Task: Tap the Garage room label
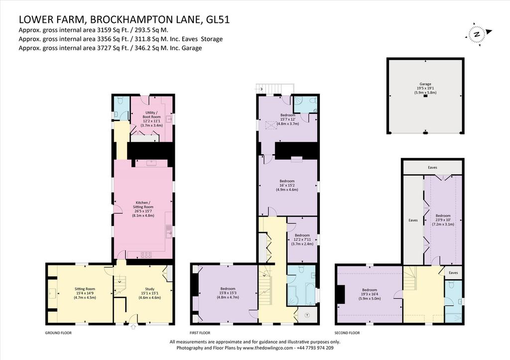pos(425,88)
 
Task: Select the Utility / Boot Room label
pos(150,119)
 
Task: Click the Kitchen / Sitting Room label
pos(143,209)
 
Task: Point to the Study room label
pos(149,293)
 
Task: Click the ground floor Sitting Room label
pos(85,293)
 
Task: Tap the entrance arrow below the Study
pos(132,327)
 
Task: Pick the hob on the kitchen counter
pos(146,254)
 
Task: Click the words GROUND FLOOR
pos(58,333)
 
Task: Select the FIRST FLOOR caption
pos(200,333)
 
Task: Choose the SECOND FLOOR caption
pos(347,333)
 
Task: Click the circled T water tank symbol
pos(307,315)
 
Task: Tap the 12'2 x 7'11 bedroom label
pos(302,240)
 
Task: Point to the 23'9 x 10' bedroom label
pos(443,220)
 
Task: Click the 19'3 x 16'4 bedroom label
pos(370,294)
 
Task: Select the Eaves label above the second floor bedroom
pos(432,167)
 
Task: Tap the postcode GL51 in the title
pos(218,19)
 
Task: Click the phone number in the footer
pos(315,348)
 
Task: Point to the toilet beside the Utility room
pos(121,101)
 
